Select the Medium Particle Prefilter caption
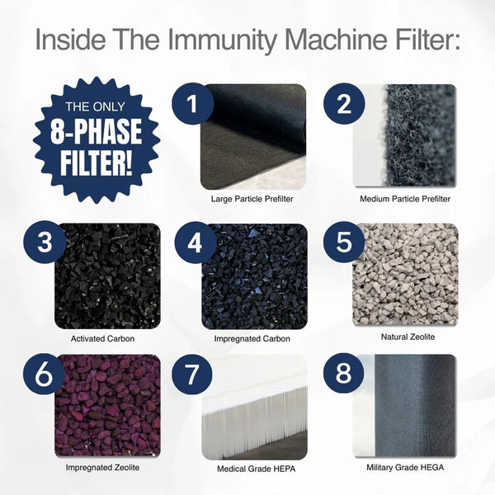404,200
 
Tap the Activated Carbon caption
103,338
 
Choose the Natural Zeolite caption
404,337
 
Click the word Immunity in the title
233,41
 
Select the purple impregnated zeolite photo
106,405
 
